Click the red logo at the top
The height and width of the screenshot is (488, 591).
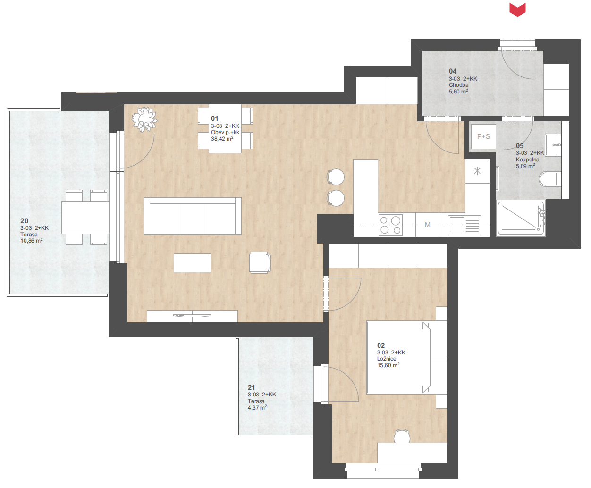(517, 9)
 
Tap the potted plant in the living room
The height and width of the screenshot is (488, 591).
(144, 119)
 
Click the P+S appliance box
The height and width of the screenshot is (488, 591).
(483, 136)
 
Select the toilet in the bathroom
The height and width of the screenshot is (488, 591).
(550, 179)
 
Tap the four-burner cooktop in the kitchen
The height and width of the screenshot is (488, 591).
(390, 225)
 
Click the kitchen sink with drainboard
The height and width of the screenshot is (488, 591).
(464, 225)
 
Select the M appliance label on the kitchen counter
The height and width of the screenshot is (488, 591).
(427, 225)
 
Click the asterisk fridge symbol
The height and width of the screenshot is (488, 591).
(477, 171)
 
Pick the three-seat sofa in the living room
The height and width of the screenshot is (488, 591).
(193, 216)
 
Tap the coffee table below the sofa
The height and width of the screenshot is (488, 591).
(192, 263)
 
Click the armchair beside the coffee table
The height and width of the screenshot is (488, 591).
(260, 263)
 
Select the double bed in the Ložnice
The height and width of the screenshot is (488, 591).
(406, 358)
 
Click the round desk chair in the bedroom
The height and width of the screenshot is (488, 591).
(402, 436)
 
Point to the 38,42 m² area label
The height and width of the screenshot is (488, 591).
(222, 139)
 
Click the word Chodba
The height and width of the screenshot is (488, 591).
(458, 85)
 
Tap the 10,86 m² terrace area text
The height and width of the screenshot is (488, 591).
(32, 241)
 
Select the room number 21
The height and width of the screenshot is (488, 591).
(251, 387)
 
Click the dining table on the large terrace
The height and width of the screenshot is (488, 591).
(85, 218)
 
